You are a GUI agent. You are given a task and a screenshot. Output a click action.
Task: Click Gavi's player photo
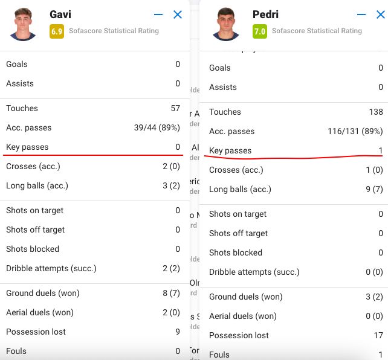24,24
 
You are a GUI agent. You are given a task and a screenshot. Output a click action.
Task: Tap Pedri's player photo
227,24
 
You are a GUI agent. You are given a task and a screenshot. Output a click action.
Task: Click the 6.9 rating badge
57,31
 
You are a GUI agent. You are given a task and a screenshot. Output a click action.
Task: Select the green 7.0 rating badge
260,31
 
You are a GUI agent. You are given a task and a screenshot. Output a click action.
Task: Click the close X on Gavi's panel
178,14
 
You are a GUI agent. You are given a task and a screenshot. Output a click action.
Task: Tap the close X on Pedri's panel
381,14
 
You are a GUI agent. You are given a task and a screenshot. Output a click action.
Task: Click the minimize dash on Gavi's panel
158,14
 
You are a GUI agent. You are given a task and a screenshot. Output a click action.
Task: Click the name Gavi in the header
60,14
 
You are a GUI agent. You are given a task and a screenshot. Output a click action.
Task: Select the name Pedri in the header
266,14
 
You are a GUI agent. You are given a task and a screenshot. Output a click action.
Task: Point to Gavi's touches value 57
175,109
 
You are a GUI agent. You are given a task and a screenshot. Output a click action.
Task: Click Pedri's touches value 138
376,112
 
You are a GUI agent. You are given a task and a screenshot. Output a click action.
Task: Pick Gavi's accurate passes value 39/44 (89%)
157,128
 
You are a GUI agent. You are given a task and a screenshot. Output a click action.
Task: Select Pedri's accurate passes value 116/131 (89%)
355,132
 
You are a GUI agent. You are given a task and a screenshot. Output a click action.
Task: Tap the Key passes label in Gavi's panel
27,147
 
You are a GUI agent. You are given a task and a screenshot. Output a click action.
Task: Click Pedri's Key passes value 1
381,151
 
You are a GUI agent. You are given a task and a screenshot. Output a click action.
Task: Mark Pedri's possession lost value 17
378,336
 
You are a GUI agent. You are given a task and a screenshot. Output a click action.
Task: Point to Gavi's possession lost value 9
178,332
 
